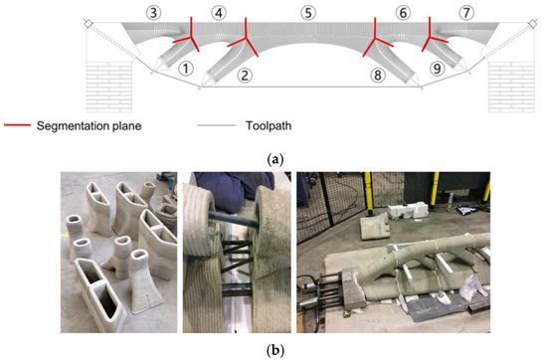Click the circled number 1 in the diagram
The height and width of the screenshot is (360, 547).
tap(184, 70)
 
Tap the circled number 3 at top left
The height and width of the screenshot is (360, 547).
tap(152, 13)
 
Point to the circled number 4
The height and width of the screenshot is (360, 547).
tap(218, 13)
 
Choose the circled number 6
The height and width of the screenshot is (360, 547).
tap(403, 13)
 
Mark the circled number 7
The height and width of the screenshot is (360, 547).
tap(465, 13)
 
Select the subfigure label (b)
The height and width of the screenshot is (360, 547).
tap(273, 349)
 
